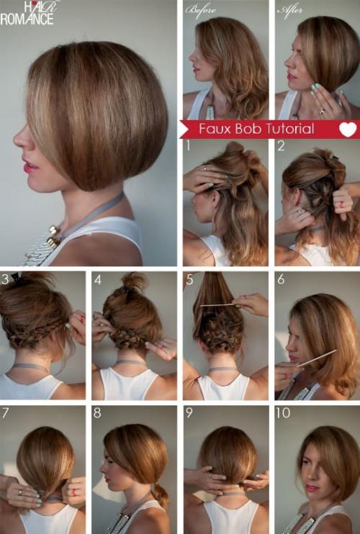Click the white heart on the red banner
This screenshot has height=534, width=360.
(x=348, y=130)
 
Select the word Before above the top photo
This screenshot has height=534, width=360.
(x=201, y=10)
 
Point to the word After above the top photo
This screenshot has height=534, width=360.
(x=290, y=10)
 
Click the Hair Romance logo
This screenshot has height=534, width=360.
(x=27, y=13)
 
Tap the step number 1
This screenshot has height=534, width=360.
(x=188, y=146)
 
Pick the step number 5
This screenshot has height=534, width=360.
(x=189, y=280)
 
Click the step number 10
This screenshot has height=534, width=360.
(x=283, y=413)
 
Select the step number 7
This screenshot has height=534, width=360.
(x=5, y=413)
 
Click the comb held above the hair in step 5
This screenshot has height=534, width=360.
(x=218, y=305)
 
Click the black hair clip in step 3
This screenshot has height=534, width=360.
(x=17, y=278)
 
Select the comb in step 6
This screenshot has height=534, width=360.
(x=316, y=358)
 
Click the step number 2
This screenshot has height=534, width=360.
(x=281, y=146)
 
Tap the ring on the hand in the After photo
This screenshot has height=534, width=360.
(x=322, y=111)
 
